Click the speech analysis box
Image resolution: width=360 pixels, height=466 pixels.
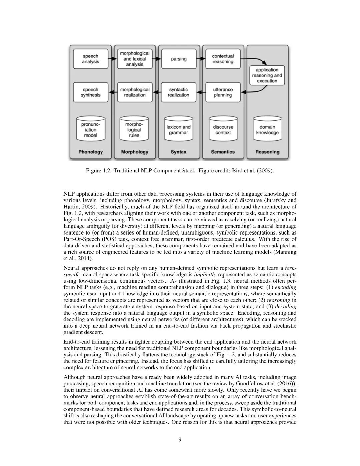pos(91,59)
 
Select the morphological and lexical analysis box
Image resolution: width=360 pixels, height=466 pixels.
pos(134,59)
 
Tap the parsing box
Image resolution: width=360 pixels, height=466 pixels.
pos(179,59)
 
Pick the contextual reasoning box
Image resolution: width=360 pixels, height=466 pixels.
pos(223,59)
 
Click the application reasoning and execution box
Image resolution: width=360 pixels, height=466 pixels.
pos(267,75)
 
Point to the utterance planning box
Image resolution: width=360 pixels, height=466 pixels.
pos(223,92)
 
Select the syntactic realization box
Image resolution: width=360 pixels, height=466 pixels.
pos(179,92)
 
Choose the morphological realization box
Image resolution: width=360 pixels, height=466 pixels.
pos(134,92)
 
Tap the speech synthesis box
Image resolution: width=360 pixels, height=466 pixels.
pos(91,92)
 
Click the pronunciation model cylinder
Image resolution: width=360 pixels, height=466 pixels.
pos(91,129)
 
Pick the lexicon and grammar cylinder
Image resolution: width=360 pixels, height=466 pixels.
pos(179,129)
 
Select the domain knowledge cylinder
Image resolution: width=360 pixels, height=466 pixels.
pos(267,129)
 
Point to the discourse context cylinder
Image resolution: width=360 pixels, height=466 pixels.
pos(223,129)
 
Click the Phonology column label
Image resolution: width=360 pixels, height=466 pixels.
pos(91,152)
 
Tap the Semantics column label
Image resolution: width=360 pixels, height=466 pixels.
pos(223,152)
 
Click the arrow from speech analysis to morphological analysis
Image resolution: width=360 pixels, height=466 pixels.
pos(113,59)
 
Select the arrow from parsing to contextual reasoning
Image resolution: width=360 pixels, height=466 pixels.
pos(201,59)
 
